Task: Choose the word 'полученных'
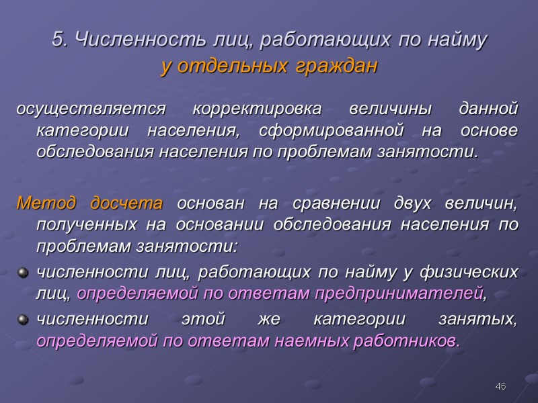tap(80, 226)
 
